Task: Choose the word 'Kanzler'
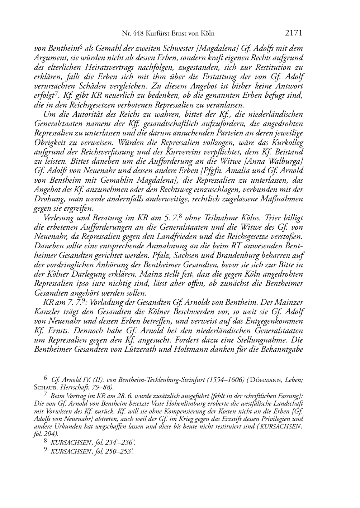coord(46,312)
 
